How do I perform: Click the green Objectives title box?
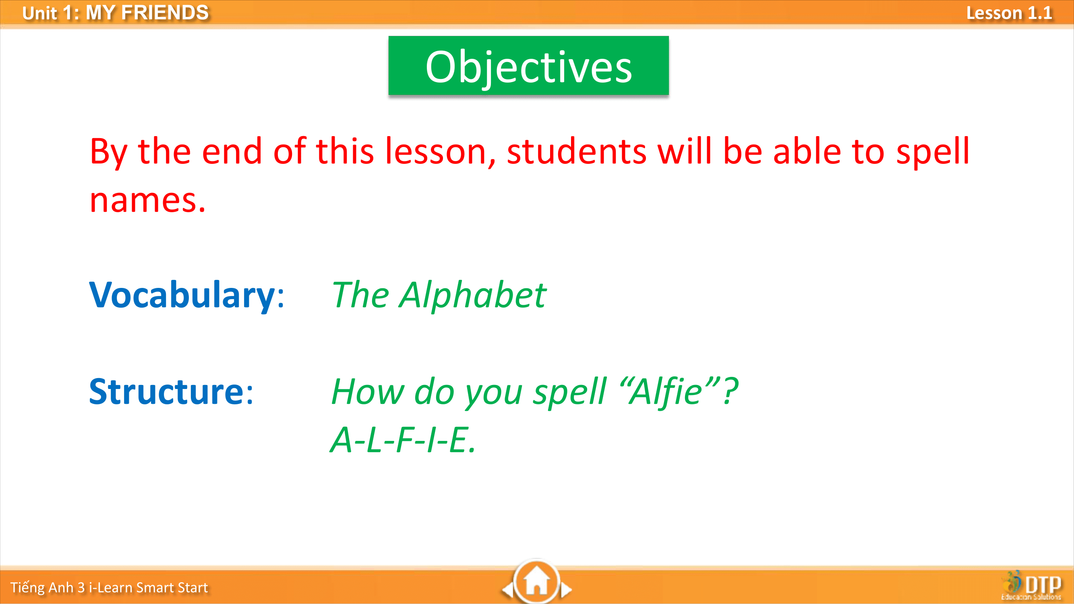(528, 66)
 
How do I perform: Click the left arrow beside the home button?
(507, 590)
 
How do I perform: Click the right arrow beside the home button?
(566, 590)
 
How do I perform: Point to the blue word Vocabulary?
(182, 296)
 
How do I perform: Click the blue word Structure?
(166, 391)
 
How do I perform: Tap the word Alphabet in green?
(472, 296)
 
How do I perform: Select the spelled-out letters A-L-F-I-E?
(403, 440)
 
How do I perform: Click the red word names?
(148, 201)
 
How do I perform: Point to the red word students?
(577, 151)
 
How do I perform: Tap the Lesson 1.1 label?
(1009, 13)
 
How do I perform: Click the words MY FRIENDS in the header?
(147, 13)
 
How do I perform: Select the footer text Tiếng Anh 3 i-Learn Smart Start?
(109, 587)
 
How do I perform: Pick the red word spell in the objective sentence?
(933, 152)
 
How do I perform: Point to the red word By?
(109, 152)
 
